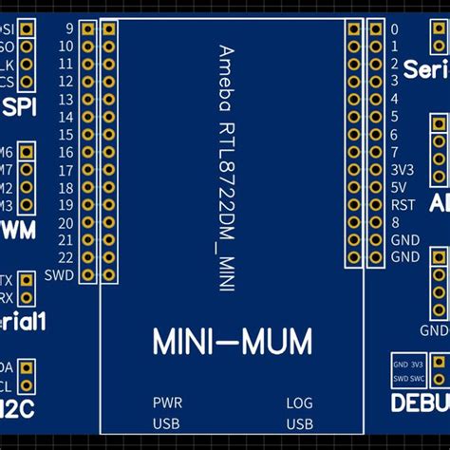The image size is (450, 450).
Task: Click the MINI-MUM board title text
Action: click(232, 342)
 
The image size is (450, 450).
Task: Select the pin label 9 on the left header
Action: click(69, 28)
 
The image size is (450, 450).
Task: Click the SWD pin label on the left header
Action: click(65, 274)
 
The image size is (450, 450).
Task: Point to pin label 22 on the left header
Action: click(66, 257)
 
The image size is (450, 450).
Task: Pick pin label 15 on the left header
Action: click(66, 135)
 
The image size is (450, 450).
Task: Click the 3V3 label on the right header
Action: click(403, 169)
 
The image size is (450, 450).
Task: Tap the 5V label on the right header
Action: click(400, 187)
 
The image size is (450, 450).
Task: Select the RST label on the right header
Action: click(403, 204)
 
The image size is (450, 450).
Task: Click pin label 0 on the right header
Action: click(394, 28)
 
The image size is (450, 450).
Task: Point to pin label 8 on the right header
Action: click(394, 222)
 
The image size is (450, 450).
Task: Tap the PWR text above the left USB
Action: click(167, 403)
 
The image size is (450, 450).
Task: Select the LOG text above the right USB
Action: click(299, 403)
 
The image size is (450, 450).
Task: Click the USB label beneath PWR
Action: click(167, 422)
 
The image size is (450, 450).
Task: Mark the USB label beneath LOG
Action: click(300, 422)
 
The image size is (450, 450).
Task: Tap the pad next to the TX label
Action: click(27, 280)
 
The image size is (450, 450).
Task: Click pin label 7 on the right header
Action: click(394, 152)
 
